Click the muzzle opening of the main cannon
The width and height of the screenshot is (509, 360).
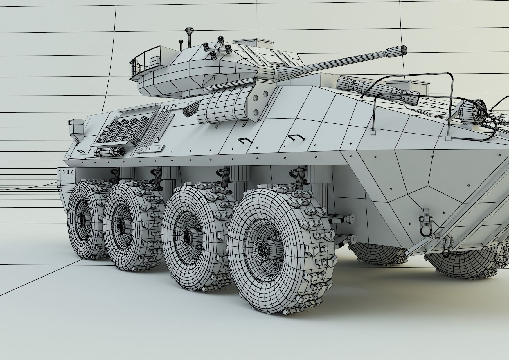coord(404,50)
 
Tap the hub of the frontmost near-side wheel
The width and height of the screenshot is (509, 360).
coord(263,248)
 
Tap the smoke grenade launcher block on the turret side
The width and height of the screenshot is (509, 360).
coord(224,106)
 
